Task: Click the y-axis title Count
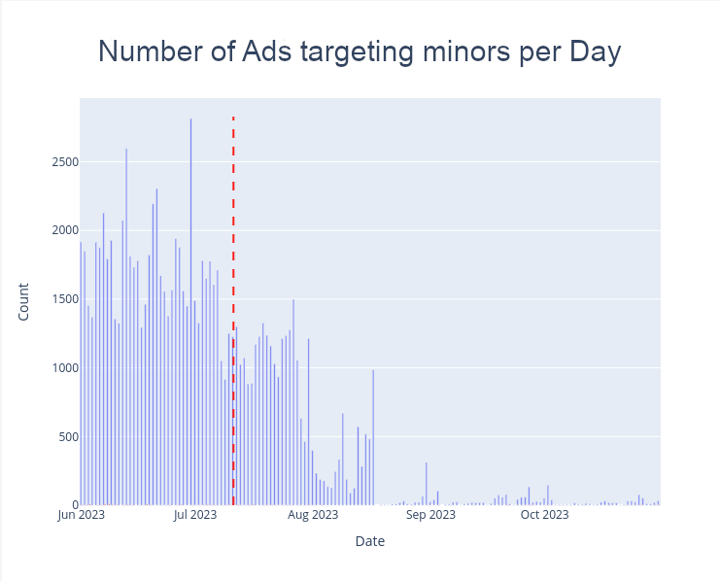click(23, 302)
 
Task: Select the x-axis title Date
click(369, 541)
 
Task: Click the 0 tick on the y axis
click(69, 505)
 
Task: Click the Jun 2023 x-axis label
click(82, 515)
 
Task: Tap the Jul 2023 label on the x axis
click(194, 515)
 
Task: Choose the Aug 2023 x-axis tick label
click(312, 515)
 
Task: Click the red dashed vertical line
click(233, 291)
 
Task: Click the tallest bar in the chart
click(190, 311)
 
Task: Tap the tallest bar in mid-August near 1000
click(373, 437)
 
